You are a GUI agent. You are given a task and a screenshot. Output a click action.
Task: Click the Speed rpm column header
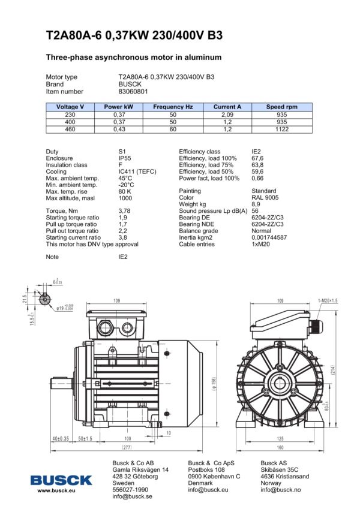click(x=282, y=107)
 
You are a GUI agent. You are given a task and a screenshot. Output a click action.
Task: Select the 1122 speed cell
click(x=282, y=129)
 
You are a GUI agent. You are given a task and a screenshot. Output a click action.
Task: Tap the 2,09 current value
click(x=227, y=114)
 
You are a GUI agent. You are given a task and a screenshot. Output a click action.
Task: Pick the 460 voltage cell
click(x=70, y=129)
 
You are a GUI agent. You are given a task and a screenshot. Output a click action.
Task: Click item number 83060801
click(x=133, y=92)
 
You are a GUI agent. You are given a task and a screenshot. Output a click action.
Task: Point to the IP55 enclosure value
click(x=125, y=158)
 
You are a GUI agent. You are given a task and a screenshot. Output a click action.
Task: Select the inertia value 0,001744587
click(x=269, y=237)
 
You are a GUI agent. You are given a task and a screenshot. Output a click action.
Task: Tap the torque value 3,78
click(x=124, y=211)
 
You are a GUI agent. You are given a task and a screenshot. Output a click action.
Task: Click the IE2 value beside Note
click(x=123, y=257)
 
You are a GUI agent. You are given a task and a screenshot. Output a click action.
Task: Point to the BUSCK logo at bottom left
click(x=62, y=480)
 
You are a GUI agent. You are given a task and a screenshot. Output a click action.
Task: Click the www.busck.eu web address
click(x=56, y=490)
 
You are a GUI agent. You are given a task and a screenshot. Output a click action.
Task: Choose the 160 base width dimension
click(x=280, y=447)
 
